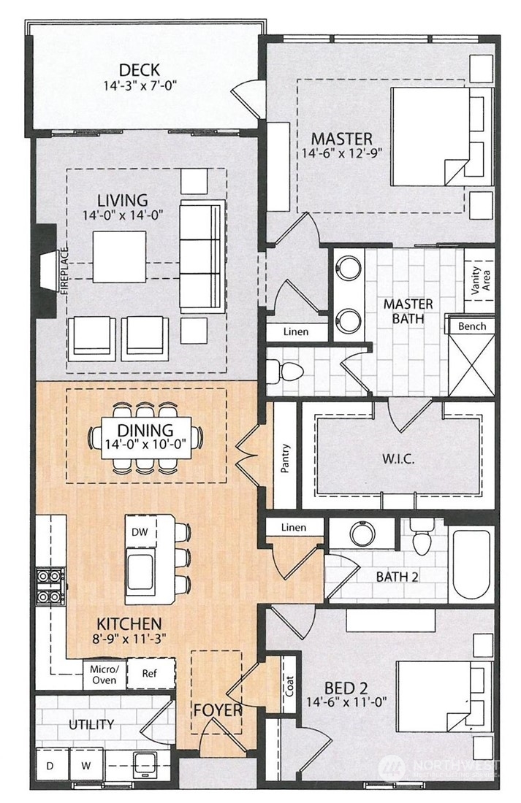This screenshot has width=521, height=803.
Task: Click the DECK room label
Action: [x=140, y=70]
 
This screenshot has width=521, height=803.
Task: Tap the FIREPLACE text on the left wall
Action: [x=64, y=271]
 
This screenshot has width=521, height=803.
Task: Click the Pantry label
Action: [x=285, y=459]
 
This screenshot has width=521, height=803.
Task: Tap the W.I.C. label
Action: [x=398, y=460]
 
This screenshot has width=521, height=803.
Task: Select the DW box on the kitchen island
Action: [x=140, y=532]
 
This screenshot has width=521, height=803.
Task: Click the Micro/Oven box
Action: [x=103, y=675]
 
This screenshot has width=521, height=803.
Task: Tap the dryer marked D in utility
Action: [x=50, y=766]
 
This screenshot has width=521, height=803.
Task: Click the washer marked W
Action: [x=86, y=766]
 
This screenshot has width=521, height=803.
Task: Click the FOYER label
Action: [x=217, y=709]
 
